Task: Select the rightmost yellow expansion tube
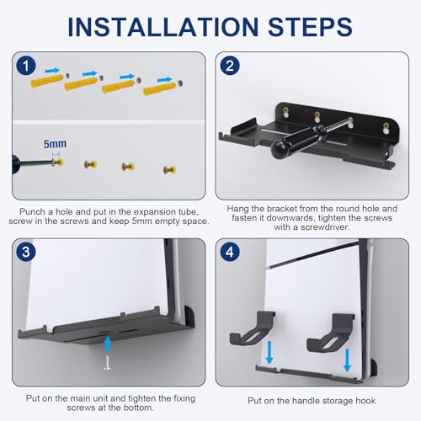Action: point(158,87)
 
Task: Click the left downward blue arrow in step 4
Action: point(269,352)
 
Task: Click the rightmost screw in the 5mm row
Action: point(168,168)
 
